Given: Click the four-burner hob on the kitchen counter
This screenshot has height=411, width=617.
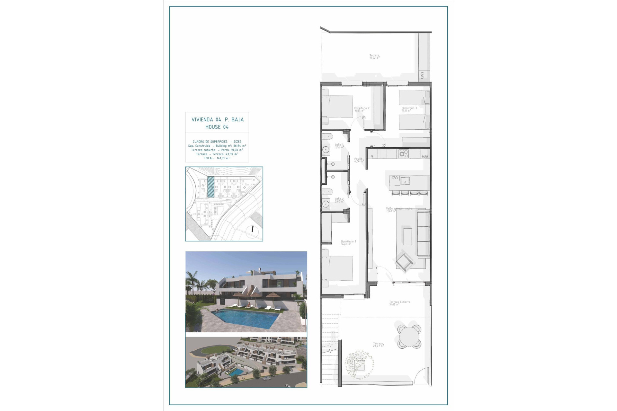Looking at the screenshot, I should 403,154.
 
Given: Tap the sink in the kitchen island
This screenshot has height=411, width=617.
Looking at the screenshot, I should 406,181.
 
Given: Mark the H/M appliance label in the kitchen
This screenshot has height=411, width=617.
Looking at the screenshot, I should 425,157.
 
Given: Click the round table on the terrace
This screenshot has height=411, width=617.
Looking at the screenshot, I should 409,337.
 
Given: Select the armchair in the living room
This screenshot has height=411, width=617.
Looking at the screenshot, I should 405,261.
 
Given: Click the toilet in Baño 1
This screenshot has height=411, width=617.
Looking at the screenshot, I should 327,136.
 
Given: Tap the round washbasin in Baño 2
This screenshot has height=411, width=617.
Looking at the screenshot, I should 326,203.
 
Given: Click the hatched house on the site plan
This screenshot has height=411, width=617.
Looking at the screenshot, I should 210,187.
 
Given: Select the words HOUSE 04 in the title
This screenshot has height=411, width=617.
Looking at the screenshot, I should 217,127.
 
